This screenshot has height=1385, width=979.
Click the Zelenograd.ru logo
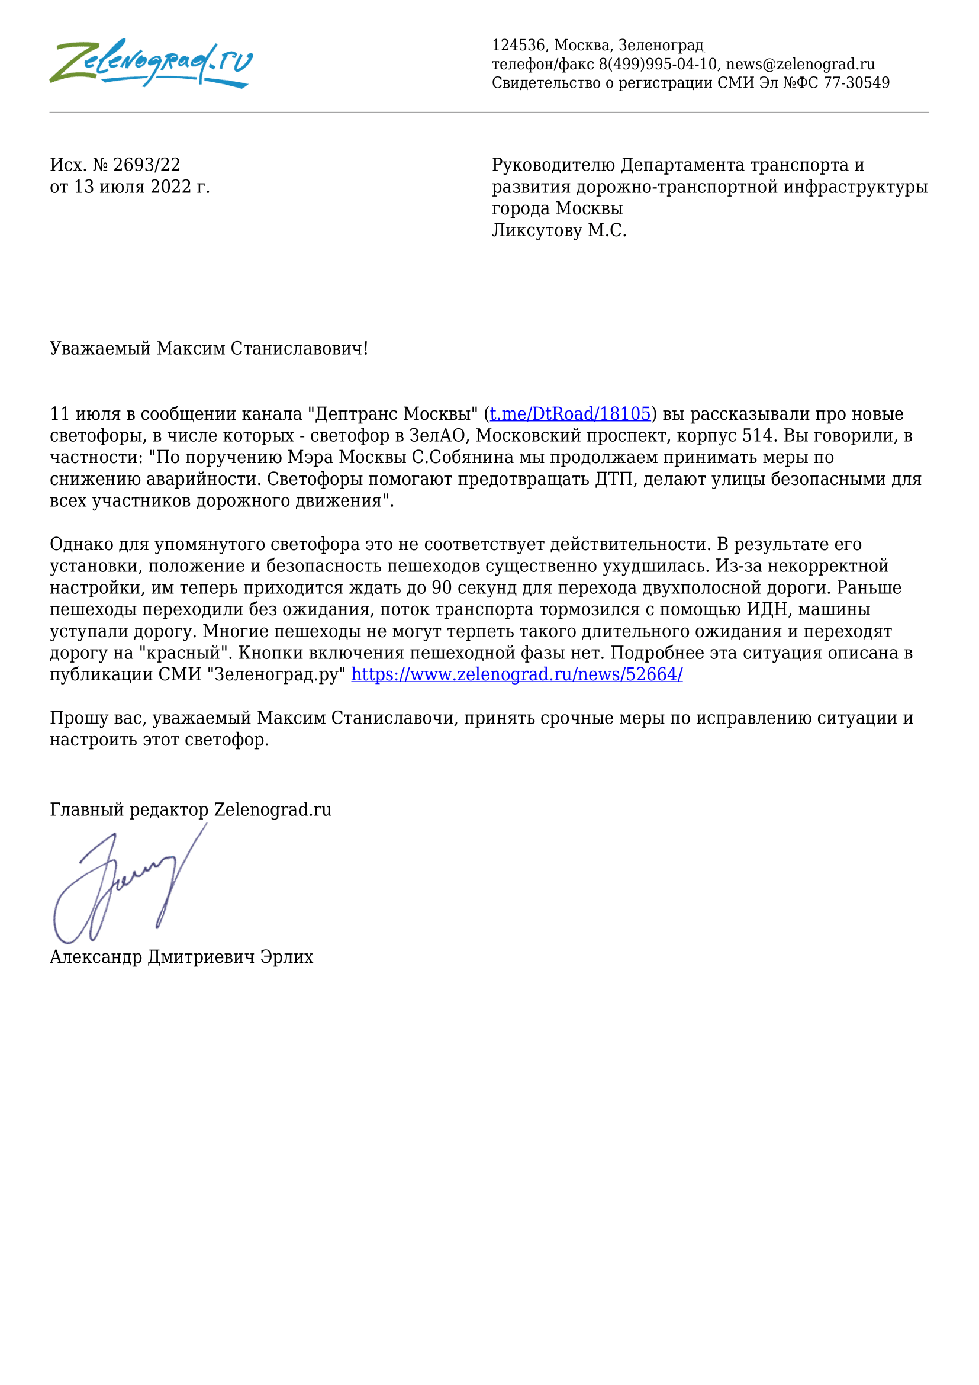click(151, 63)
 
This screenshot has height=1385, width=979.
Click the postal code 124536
click(519, 45)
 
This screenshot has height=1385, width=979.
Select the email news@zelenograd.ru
click(800, 64)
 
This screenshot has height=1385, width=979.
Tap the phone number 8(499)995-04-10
click(658, 64)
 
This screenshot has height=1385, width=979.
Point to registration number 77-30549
click(856, 83)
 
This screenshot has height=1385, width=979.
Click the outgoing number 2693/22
click(146, 165)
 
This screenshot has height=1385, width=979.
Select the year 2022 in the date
click(170, 187)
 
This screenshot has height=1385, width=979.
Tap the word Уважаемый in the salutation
click(100, 348)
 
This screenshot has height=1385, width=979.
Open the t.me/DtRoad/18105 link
click(569, 414)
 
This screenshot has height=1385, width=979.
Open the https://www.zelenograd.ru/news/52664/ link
click(517, 674)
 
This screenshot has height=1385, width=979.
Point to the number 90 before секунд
click(442, 587)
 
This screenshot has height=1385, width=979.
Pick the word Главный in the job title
click(87, 809)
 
